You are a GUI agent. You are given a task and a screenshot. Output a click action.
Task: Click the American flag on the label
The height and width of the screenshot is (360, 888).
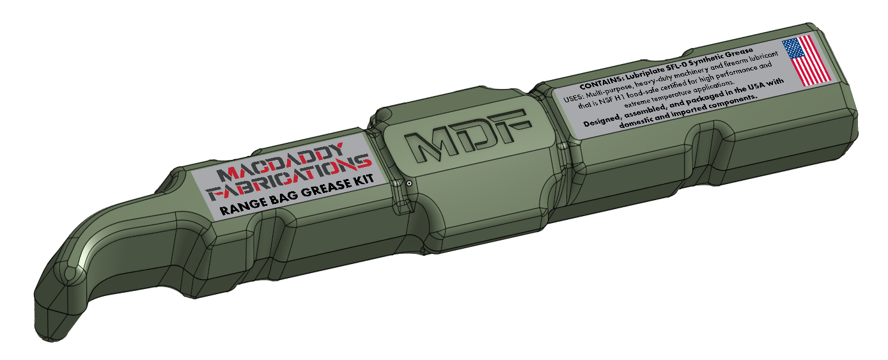coord(806,61)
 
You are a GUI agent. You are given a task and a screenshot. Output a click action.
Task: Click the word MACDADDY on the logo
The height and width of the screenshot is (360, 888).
coord(280,162)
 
